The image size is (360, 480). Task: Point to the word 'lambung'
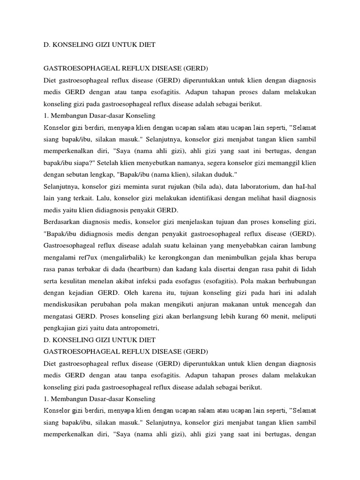[303, 245]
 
